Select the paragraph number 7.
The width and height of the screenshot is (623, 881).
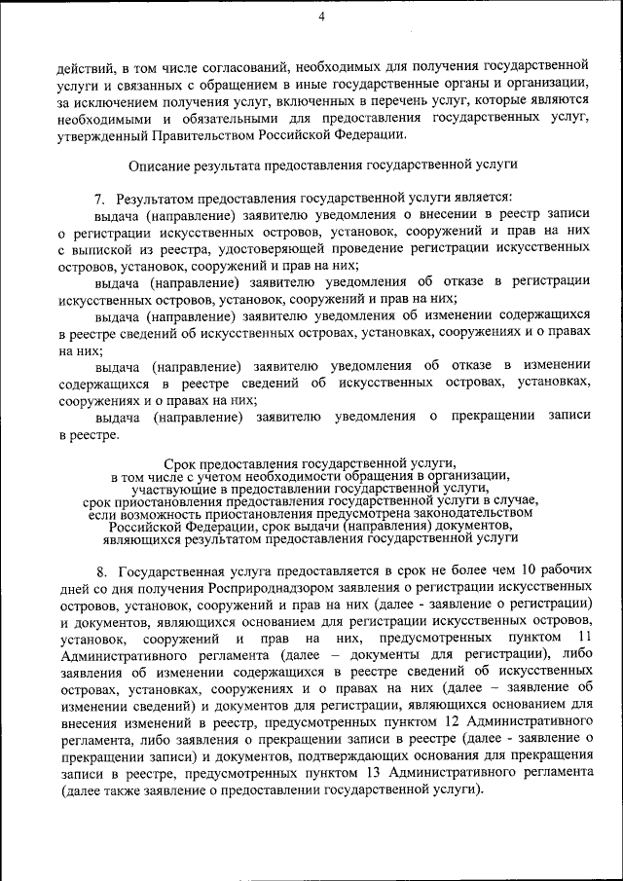(x=98, y=198)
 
